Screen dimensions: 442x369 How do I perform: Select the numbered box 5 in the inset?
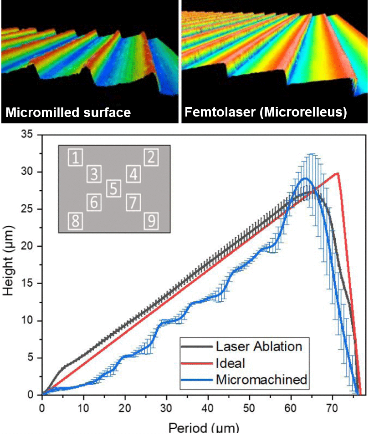(x=114, y=188)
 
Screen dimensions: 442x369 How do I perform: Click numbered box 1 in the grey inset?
(x=76, y=158)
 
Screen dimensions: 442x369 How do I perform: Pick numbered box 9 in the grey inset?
(x=151, y=222)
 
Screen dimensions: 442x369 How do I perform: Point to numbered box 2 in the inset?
(x=151, y=158)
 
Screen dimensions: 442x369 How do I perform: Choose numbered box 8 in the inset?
(x=76, y=222)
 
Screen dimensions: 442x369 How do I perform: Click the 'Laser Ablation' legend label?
(x=259, y=346)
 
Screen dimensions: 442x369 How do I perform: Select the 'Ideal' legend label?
(x=231, y=363)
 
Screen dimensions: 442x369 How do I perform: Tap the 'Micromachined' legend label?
(x=261, y=380)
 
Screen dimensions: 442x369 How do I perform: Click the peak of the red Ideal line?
(x=337, y=173)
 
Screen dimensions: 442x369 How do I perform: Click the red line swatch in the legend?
(x=197, y=363)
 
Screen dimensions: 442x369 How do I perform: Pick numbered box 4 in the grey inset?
(x=133, y=174)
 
